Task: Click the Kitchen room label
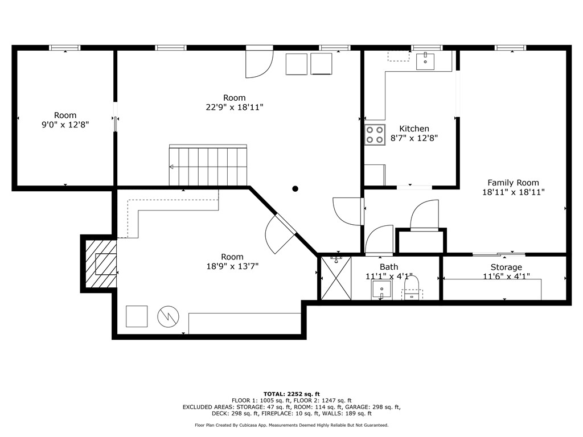pos(414,129)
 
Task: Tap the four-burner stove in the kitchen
pos(375,134)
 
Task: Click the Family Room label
pos(513,183)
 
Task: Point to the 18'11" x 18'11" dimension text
pos(513,192)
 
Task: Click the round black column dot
pos(295,189)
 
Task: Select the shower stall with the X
pos(336,278)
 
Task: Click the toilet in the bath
pos(412,287)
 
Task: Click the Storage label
pos(506,267)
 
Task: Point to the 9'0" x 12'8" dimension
pos(65,125)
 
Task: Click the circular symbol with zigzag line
pos(168,316)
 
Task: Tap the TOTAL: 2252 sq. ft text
pos(291,394)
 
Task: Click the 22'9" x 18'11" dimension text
pos(235,107)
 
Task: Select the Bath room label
pos(389,267)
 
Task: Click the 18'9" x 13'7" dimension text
pos(232,266)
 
